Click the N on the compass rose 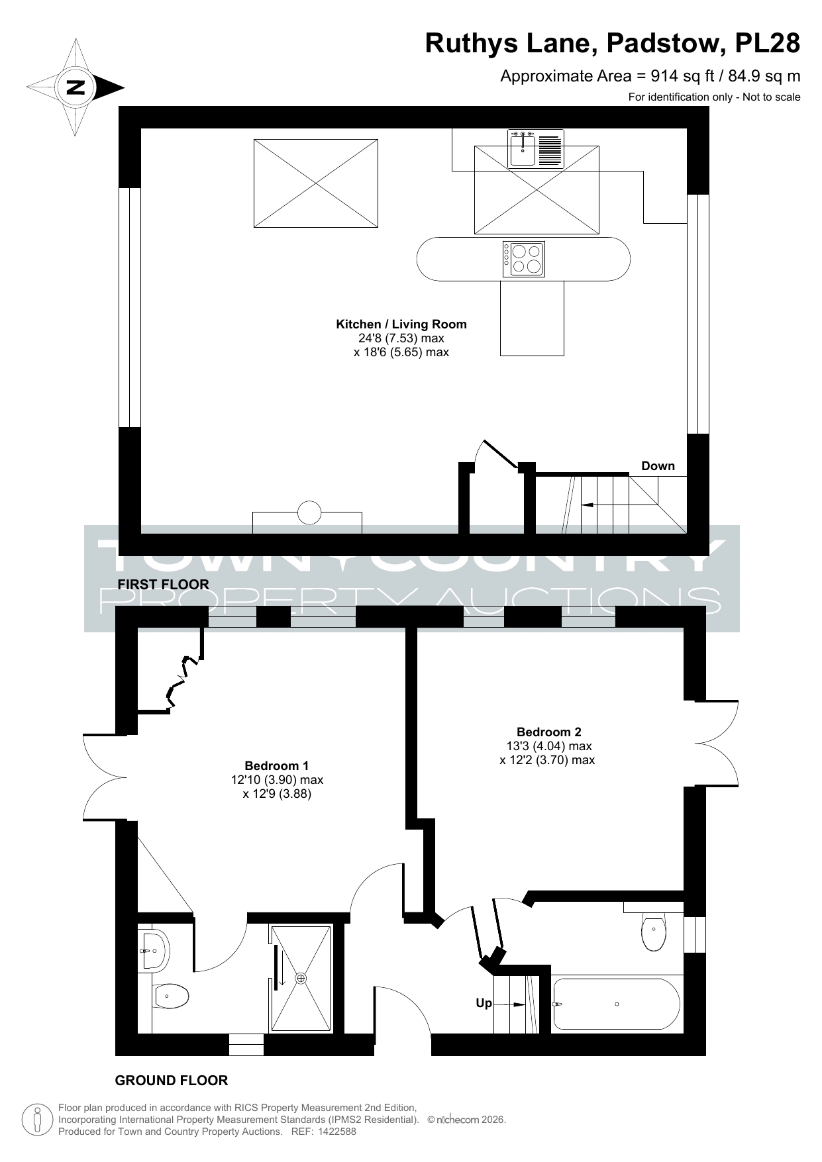(76, 87)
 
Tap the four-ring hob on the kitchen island (523, 259)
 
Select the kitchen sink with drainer (536, 148)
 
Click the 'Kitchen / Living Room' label (401, 324)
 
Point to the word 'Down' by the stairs (658, 466)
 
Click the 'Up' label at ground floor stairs (484, 1004)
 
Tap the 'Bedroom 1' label (277, 766)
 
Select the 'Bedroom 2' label (548, 732)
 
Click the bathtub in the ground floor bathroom (616, 1004)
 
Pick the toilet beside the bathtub (653, 930)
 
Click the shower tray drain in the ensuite (301, 978)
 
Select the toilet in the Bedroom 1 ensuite (171, 995)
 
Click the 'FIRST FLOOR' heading (163, 585)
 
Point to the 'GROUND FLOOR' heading (172, 1081)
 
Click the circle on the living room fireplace (309, 513)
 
